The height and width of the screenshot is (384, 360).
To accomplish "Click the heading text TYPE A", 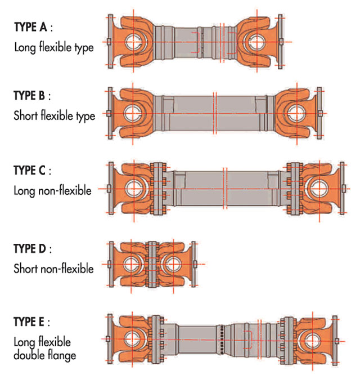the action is click(x=30, y=27).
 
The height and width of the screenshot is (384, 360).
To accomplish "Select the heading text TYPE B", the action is click(x=29, y=95).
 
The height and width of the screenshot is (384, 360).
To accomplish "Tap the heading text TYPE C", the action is click(x=29, y=170).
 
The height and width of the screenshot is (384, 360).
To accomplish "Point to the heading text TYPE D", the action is click(x=30, y=248).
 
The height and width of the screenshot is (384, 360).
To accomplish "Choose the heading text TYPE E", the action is click(x=29, y=322).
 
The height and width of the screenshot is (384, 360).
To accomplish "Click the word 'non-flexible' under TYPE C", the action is click(x=65, y=190).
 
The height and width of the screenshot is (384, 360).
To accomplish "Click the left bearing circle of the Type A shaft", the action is click(x=134, y=42).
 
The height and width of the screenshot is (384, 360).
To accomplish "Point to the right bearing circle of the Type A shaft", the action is click(x=256, y=42).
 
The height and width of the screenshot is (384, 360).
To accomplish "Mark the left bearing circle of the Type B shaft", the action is click(x=133, y=114).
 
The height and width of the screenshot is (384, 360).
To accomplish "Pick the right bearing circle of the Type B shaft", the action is click(x=296, y=114).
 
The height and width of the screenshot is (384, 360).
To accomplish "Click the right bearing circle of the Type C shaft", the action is click(x=319, y=189).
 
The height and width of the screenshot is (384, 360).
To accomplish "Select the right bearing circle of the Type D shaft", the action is click(x=173, y=264).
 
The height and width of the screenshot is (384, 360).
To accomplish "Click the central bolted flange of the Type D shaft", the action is click(x=152, y=264).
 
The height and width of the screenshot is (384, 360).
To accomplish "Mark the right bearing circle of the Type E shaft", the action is click(x=313, y=341).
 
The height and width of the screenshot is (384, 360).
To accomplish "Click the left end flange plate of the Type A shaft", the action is click(x=110, y=42).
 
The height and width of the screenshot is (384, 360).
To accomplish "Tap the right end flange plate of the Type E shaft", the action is click(x=335, y=341).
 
